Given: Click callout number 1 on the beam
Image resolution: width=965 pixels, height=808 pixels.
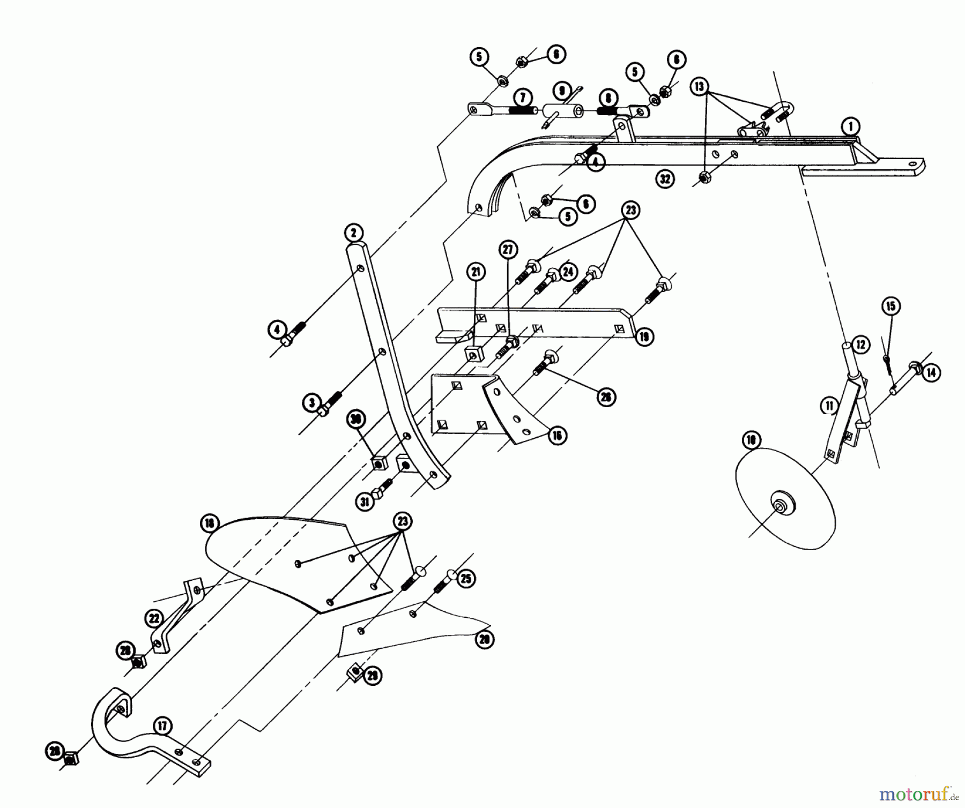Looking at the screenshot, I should pos(850,127).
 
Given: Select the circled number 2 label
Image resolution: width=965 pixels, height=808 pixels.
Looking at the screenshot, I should pos(353,233).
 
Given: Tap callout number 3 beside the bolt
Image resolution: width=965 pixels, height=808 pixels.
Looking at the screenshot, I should pos(312,402).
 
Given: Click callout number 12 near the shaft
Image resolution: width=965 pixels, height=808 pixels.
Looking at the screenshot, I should pos(860,345).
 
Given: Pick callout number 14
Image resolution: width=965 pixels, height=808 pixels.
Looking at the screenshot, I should pos(931,372).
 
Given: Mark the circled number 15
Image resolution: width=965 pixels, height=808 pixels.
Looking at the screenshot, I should pos(890,306).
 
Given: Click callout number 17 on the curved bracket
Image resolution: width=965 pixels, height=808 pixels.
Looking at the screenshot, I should pos(162,727).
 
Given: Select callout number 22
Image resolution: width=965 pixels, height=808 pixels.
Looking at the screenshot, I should pos(154,619).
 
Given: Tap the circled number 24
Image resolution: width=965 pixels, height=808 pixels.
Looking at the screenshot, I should pos(568,272).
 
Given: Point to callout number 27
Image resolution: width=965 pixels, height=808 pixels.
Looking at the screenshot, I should pos(508,249).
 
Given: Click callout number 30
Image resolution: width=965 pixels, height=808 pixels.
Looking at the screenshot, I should pos(355,420).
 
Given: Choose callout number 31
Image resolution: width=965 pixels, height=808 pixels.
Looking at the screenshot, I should pos(365,502).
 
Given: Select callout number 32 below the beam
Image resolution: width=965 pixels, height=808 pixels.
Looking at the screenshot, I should pos(665,178).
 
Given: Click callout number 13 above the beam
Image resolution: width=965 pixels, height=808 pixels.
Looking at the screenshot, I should pos(700,87).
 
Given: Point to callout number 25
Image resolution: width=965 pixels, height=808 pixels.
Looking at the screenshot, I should pos(466,579).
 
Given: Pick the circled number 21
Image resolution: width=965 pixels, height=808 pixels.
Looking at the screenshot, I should pos(475,272).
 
